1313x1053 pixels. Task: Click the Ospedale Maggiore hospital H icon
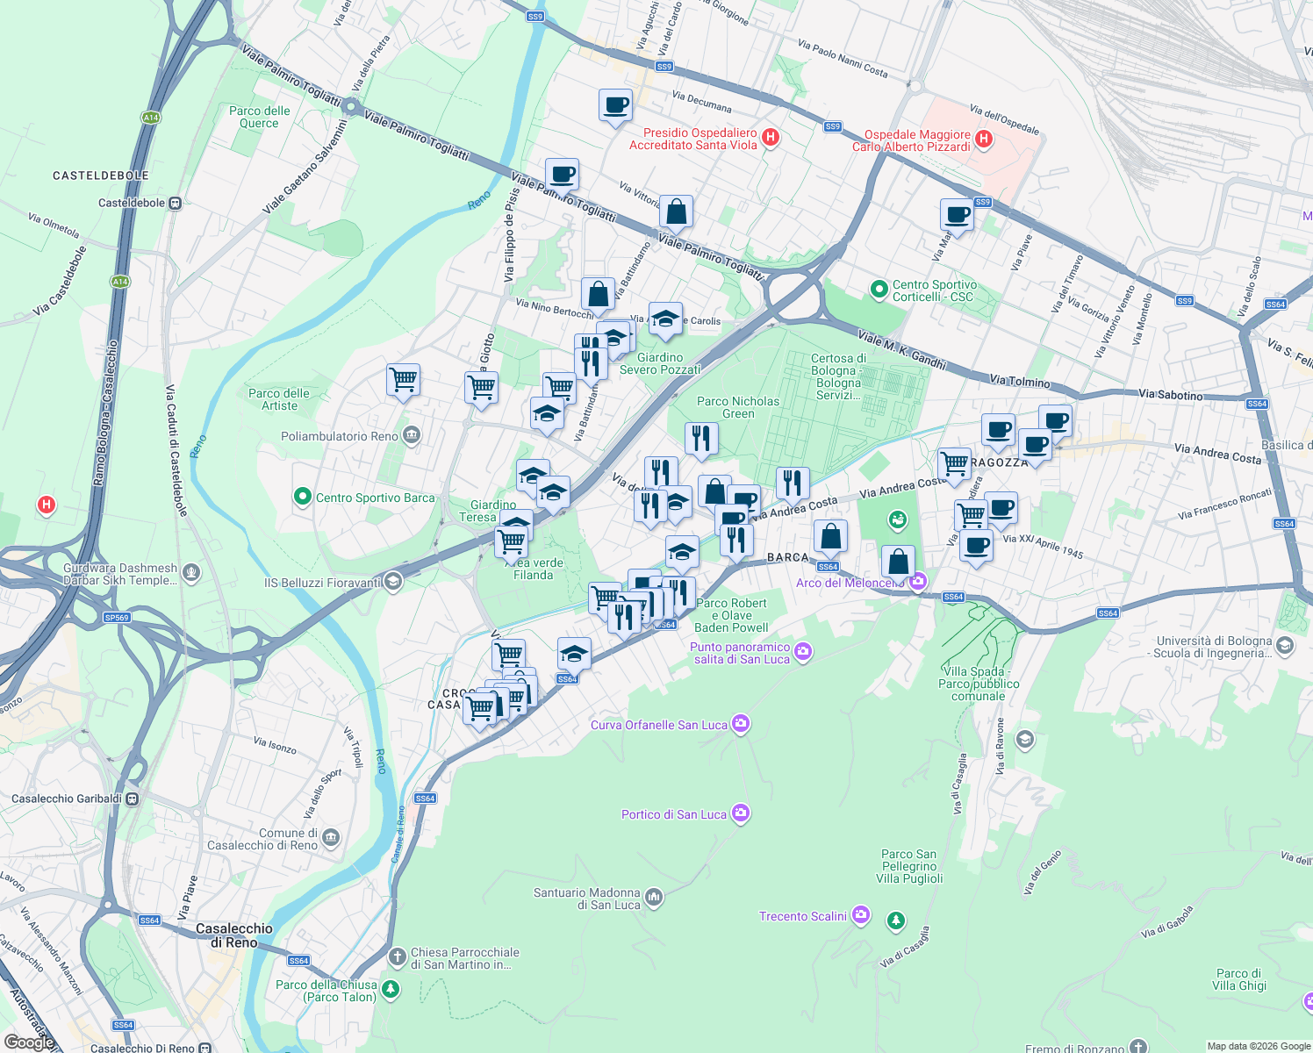pos(984,139)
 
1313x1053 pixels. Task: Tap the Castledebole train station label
pos(132,203)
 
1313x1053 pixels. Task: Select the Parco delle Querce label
pos(259,117)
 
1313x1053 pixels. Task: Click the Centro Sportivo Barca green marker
pos(303,498)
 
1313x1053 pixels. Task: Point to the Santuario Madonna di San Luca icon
pos(653,897)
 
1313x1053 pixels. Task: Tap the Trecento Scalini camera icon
pos(861,915)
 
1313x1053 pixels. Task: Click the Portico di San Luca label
pos(673,814)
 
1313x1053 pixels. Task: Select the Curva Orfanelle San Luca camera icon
pos(741,724)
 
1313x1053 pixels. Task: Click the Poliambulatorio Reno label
pos(339,436)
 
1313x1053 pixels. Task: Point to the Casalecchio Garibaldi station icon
pos(132,799)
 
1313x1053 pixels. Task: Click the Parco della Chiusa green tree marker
pos(391,990)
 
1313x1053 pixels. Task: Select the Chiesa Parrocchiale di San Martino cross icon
pos(398,956)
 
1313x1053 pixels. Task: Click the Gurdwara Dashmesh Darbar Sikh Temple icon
pos(191,573)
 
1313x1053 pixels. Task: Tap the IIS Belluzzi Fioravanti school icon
pos(393,582)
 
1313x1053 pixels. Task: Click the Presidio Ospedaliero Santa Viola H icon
pos(771,137)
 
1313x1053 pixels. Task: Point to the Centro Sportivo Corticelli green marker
pos(879,289)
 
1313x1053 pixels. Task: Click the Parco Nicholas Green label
pos(737,407)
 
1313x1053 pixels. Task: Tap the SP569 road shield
pos(117,618)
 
